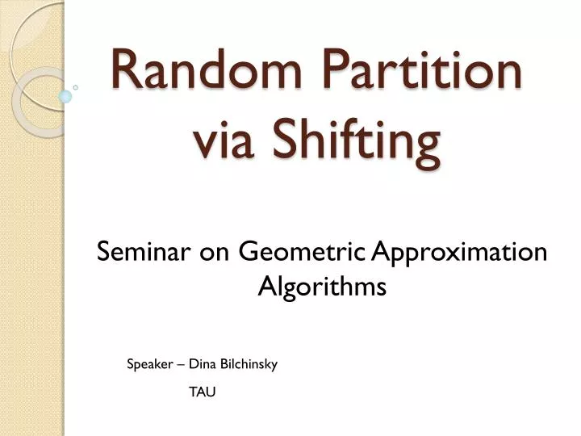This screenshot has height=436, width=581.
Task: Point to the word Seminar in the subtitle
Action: pos(142,253)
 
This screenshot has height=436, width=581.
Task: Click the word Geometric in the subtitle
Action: pos(302,254)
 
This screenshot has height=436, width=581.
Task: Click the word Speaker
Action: pos(150,365)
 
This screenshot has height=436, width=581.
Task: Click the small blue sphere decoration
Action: pos(65,96)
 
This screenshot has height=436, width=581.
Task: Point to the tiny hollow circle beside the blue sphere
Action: pos(75,86)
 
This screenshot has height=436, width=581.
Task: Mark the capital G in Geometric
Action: pos(249,254)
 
